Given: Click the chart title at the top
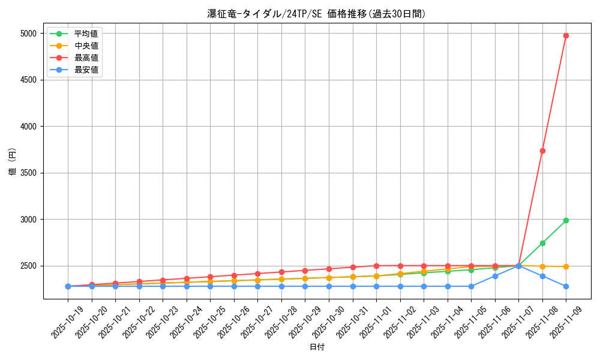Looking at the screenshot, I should tap(316, 14).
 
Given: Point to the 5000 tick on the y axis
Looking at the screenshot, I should tap(28, 34).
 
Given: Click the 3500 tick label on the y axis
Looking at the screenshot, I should tap(28, 173).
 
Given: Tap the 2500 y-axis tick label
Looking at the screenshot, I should tap(28, 266).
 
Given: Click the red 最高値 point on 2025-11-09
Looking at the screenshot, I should tap(566, 35).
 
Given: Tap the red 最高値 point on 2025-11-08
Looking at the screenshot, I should tap(542, 151).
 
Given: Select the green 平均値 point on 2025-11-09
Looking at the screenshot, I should tap(566, 220).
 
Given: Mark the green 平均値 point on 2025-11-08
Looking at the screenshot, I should tap(542, 243).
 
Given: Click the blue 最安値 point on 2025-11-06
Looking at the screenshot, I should tap(495, 276).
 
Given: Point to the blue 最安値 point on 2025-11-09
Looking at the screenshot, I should tap(566, 286).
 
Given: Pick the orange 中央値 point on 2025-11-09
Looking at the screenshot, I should tap(566, 266).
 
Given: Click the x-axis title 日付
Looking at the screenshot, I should tap(316, 347).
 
